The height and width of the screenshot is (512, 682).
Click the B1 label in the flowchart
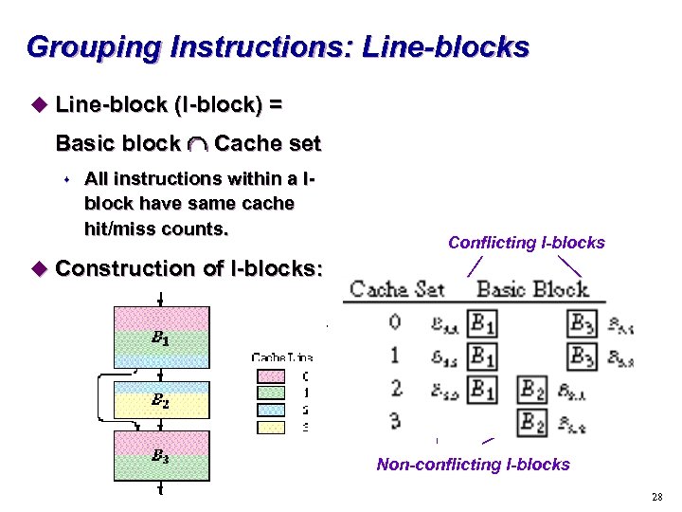[x=160, y=337]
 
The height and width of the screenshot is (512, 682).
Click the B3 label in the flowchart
[x=160, y=455]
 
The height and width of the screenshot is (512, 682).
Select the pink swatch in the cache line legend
[x=270, y=375]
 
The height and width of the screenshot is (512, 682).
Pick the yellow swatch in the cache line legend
[x=270, y=427]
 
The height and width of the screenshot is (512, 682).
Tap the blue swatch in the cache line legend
[x=270, y=410]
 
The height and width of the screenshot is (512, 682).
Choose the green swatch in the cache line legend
[x=270, y=392]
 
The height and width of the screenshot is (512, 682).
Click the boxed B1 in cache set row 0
[x=483, y=324]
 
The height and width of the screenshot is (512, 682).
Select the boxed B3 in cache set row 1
[x=583, y=357]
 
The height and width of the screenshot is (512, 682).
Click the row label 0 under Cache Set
[x=395, y=323]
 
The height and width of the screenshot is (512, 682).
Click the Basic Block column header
[x=531, y=289]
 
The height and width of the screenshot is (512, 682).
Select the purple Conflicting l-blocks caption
[x=526, y=243]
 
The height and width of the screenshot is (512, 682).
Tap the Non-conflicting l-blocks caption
[x=473, y=464]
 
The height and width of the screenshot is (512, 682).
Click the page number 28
[x=656, y=498]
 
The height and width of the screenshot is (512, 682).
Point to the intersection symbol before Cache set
[x=197, y=145]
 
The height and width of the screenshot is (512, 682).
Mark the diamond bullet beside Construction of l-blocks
[x=38, y=269]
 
